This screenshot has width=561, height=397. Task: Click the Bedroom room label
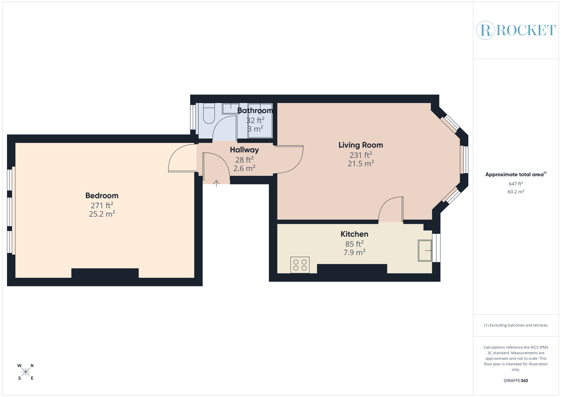pyautogui.click(x=102, y=196)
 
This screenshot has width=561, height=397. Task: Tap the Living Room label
pyautogui.click(x=360, y=145)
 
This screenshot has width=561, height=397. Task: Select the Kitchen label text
pyautogui.click(x=354, y=234)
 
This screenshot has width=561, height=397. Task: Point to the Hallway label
pyautogui.click(x=244, y=150)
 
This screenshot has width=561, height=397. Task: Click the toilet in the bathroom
pyautogui.click(x=209, y=114)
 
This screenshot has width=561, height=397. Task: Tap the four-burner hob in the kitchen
pyautogui.click(x=300, y=265)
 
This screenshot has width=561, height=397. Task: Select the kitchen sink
pyautogui.click(x=425, y=250)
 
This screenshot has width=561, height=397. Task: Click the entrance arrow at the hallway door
pyautogui.click(x=216, y=183)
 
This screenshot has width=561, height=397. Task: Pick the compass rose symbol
pyautogui.click(x=26, y=372)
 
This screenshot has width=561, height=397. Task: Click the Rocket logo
pyautogui.click(x=516, y=30)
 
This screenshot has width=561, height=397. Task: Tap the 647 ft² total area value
pyautogui.click(x=516, y=184)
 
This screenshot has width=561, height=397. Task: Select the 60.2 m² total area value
pyautogui.click(x=516, y=192)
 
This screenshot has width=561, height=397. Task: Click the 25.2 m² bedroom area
pyautogui.click(x=102, y=214)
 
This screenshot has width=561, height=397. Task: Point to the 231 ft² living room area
pyautogui.click(x=360, y=155)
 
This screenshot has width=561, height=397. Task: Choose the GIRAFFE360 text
pyautogui.click(x=516, y=381)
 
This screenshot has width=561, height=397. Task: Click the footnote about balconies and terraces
pyautogui.click(x=516, y=325)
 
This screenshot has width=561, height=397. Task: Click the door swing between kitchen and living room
pyautogui.click(x=391, y=210)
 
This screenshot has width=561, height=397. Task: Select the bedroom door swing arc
pyautogui.click(x=182, y=158)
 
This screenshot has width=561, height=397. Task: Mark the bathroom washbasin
pyautogui.click(x=231, y=108)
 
